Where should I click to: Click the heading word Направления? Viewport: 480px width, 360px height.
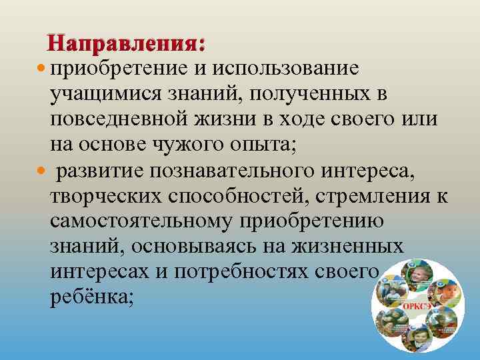(x=126, y=44)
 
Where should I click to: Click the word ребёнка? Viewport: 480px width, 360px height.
(x=91, y=298)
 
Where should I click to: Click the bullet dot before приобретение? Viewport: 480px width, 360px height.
(x=43, y=69)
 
